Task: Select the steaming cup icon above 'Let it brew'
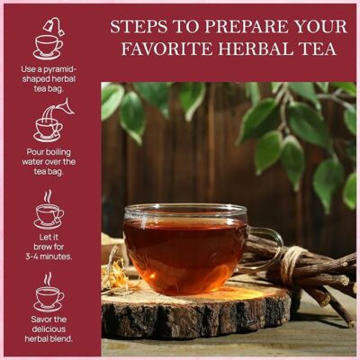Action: click(48, 211)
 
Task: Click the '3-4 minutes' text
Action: click(48, 256)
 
